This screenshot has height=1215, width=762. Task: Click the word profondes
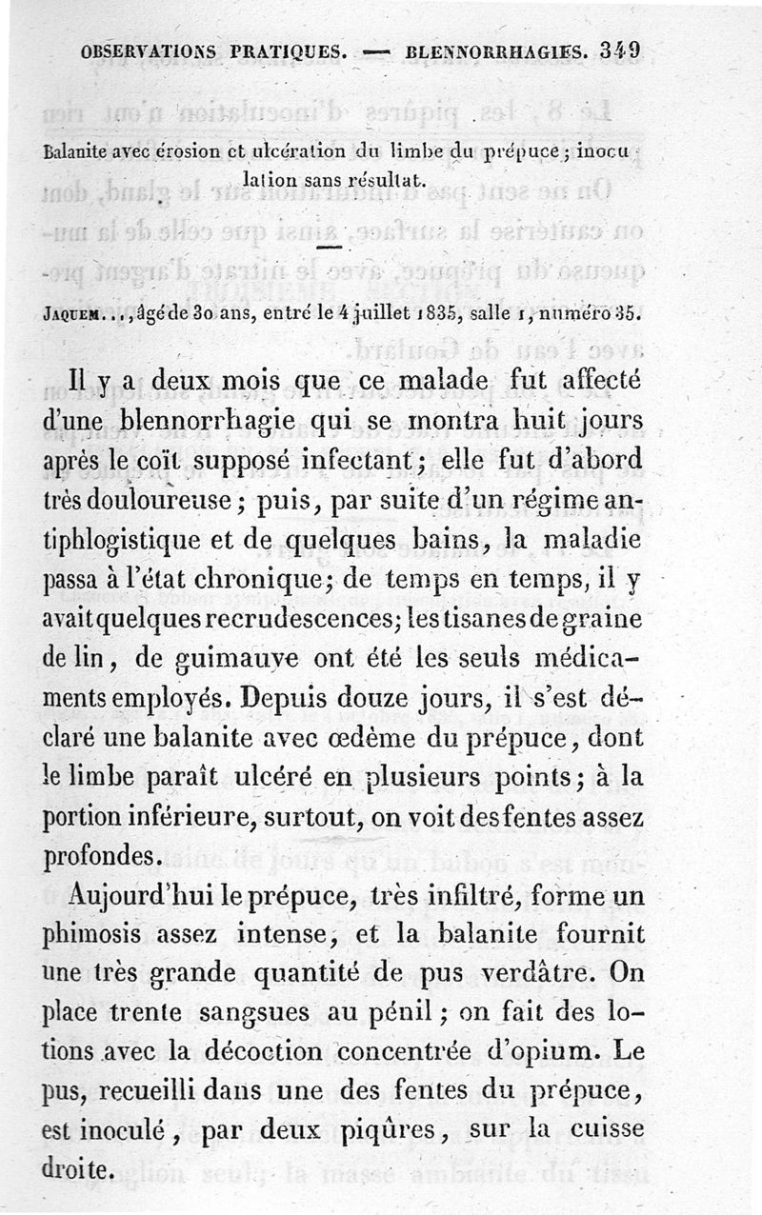click(x=102, y=857)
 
